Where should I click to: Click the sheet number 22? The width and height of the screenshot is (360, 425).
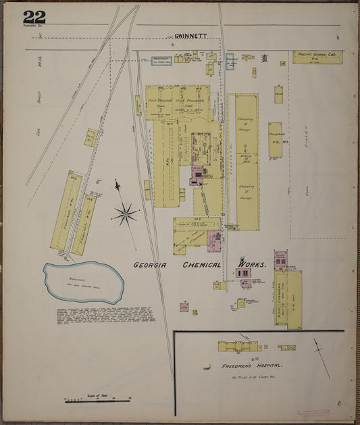[x=34, y=18]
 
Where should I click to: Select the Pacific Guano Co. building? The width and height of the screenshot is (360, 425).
[x=317, y=57]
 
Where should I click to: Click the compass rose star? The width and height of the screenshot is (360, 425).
[x=125, y=215]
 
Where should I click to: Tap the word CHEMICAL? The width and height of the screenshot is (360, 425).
[x=202, y=266]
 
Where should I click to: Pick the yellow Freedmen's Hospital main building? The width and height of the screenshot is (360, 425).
[x=239, y=347]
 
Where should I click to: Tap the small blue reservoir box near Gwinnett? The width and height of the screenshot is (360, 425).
[x=161, y=61]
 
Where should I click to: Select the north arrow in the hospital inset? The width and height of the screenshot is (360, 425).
[x=322, y=357]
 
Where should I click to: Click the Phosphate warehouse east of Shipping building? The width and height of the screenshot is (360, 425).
[x=275, y=140]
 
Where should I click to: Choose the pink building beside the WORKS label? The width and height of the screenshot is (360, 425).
[x=243, y=273]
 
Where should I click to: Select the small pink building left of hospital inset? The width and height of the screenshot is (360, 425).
[x=184, y=307]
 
